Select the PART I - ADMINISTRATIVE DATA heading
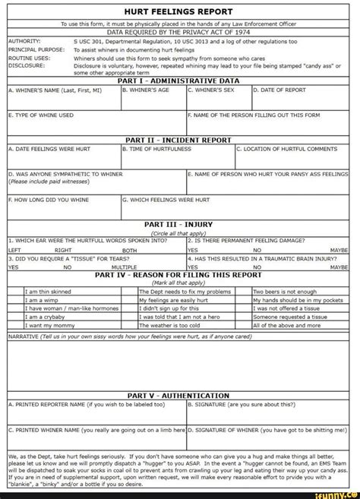[179, 81]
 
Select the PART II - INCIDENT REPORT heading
[179, 140]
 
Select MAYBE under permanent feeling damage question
[339, 249]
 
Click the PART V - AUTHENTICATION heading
[179, 396]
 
